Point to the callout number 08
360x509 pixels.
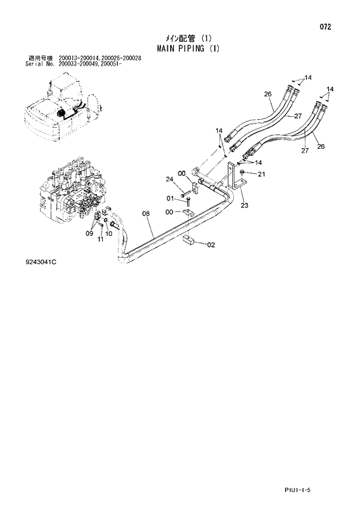[x=146, y=214]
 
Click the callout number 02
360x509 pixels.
[x=211, y=245]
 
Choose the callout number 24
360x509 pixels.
[x=170, y=178]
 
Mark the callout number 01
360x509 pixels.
[x=170, y=199]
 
